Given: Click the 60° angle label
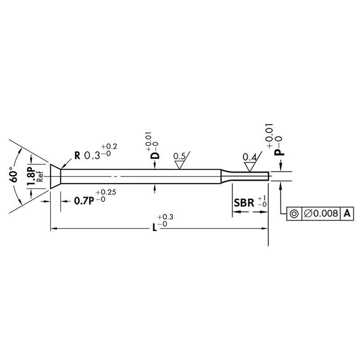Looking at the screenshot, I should click(13, 175).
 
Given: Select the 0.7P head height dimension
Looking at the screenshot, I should click(84, 201).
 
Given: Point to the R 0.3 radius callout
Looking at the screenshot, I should click(87, 156).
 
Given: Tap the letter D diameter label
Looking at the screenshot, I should click(155, 156).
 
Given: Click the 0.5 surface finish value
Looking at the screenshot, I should click(179, 157).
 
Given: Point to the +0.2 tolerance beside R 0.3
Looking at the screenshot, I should click(109, 147).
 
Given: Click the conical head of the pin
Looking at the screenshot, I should click(55, 176).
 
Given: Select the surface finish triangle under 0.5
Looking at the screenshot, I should click(180, 165).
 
